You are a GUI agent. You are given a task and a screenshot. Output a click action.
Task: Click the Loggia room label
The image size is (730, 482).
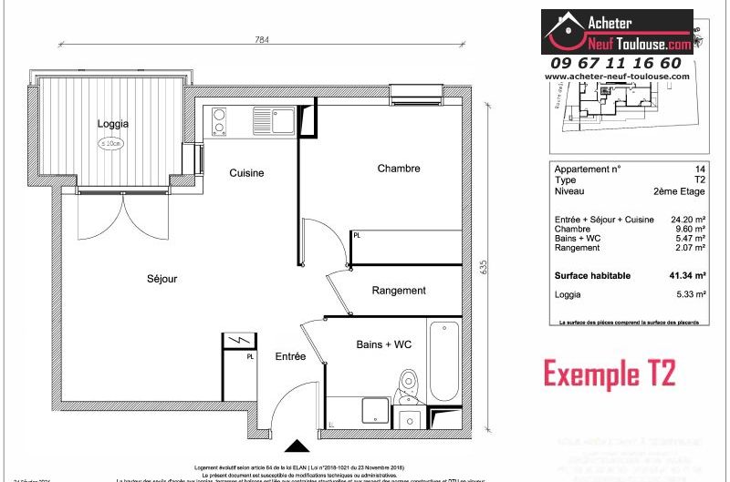[x=113, y=123]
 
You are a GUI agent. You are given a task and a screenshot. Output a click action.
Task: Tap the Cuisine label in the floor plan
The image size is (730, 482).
[x=246, y=172]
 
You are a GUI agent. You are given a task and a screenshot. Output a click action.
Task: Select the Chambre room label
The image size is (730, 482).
[x=399, y=168]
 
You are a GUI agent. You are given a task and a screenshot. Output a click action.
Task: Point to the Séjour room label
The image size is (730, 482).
[x=162, y=279]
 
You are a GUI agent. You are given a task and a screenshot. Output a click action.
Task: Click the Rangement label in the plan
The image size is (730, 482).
[x=399, y=291]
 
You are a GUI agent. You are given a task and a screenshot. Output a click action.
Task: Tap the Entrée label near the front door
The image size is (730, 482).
[x=290, y=356]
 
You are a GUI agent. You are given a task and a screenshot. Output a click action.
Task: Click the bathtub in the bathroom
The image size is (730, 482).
[x=443, y=361]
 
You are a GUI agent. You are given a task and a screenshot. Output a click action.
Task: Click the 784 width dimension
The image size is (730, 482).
[x=263, y=39]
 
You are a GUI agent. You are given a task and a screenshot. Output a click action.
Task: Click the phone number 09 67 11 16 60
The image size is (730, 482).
[x=616, y=63]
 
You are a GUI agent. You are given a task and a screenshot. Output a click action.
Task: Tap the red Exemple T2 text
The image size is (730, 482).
[x=610, y=374]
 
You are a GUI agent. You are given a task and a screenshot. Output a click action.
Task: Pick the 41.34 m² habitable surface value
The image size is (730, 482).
[x=686, y=275]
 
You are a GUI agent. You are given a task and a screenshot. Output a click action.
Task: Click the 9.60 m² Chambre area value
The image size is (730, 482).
[x=690, y=230]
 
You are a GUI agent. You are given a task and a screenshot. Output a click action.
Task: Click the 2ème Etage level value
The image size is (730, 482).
[x=679, y=192]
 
